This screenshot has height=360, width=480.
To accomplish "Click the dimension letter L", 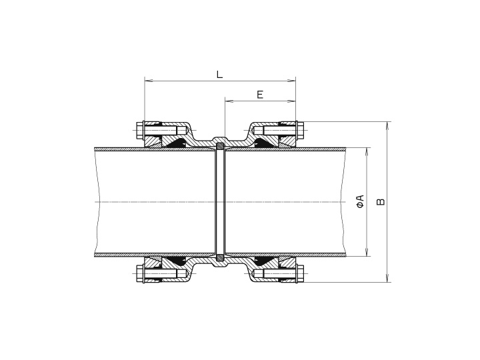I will click(x=219, y=74).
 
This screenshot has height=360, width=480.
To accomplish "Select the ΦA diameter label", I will click(x=360, y=201).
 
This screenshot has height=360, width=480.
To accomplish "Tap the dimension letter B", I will click(x=381, y=201).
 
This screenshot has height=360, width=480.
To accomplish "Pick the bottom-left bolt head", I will click(x=139, y=274).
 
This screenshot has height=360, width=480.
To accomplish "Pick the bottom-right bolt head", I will click(x=301, y=274).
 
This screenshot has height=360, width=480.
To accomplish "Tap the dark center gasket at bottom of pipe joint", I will click(x=220, y=257).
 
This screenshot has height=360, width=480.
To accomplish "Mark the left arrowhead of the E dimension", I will click(x=228, y=101).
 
